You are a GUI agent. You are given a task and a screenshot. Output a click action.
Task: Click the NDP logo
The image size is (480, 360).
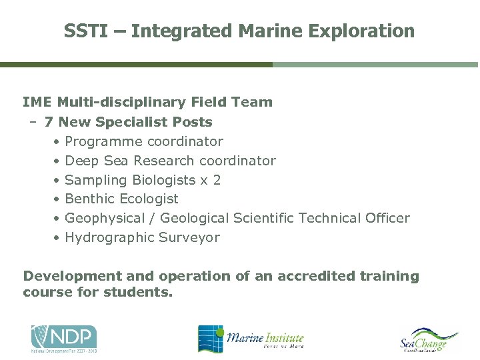coord(64,339)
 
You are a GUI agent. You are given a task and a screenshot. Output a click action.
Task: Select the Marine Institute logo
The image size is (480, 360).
coord(251,339)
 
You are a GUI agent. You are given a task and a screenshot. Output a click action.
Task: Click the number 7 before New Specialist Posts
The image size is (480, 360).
coord(49,122)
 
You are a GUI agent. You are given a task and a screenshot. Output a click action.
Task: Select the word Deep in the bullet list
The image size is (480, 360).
coord(82,161)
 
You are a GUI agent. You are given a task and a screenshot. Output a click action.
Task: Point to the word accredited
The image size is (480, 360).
coord(313,276)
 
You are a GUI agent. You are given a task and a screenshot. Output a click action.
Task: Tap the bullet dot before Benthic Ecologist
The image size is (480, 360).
coord(59,199)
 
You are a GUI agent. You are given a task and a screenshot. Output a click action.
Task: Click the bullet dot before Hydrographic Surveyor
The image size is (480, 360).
coord(59,238)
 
